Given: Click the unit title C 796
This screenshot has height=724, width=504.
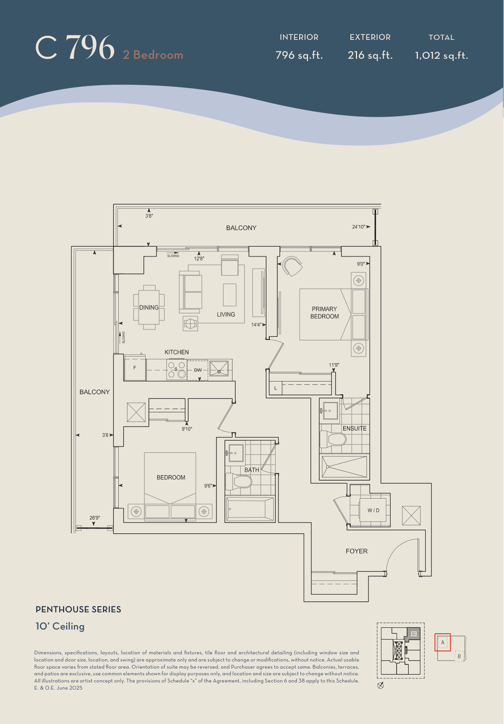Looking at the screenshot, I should pos(75,47).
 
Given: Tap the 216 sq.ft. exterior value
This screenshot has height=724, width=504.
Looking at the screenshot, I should pos(370,55).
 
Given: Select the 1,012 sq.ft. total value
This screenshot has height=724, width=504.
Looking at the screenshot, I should pos(441,55).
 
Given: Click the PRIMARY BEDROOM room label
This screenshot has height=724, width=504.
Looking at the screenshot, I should pos(324,313).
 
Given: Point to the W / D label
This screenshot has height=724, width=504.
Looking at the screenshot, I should pos(373,510).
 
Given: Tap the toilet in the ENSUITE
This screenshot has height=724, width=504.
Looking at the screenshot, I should pos(333,439).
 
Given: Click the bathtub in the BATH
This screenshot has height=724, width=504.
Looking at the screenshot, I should pos(250,509).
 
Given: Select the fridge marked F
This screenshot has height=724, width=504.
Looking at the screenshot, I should pos(135,368).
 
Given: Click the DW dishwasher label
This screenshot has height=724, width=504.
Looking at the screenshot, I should pos(198,370).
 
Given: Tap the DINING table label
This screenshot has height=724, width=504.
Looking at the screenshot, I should pos(149,308).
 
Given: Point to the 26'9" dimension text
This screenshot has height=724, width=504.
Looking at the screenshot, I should pos(94,518).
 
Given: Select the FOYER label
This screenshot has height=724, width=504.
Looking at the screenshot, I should pos(356,551).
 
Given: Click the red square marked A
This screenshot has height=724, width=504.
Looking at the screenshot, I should pos(442,642).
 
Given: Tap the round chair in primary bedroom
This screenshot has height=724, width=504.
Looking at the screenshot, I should pos(292,266).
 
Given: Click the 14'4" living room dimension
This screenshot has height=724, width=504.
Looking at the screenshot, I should pos(256,324).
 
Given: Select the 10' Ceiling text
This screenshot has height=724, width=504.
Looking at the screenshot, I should pos(60,626).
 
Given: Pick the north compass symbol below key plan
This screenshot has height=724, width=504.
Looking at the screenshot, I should pos(381,686).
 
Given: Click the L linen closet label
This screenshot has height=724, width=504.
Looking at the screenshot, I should pos(275,388).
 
